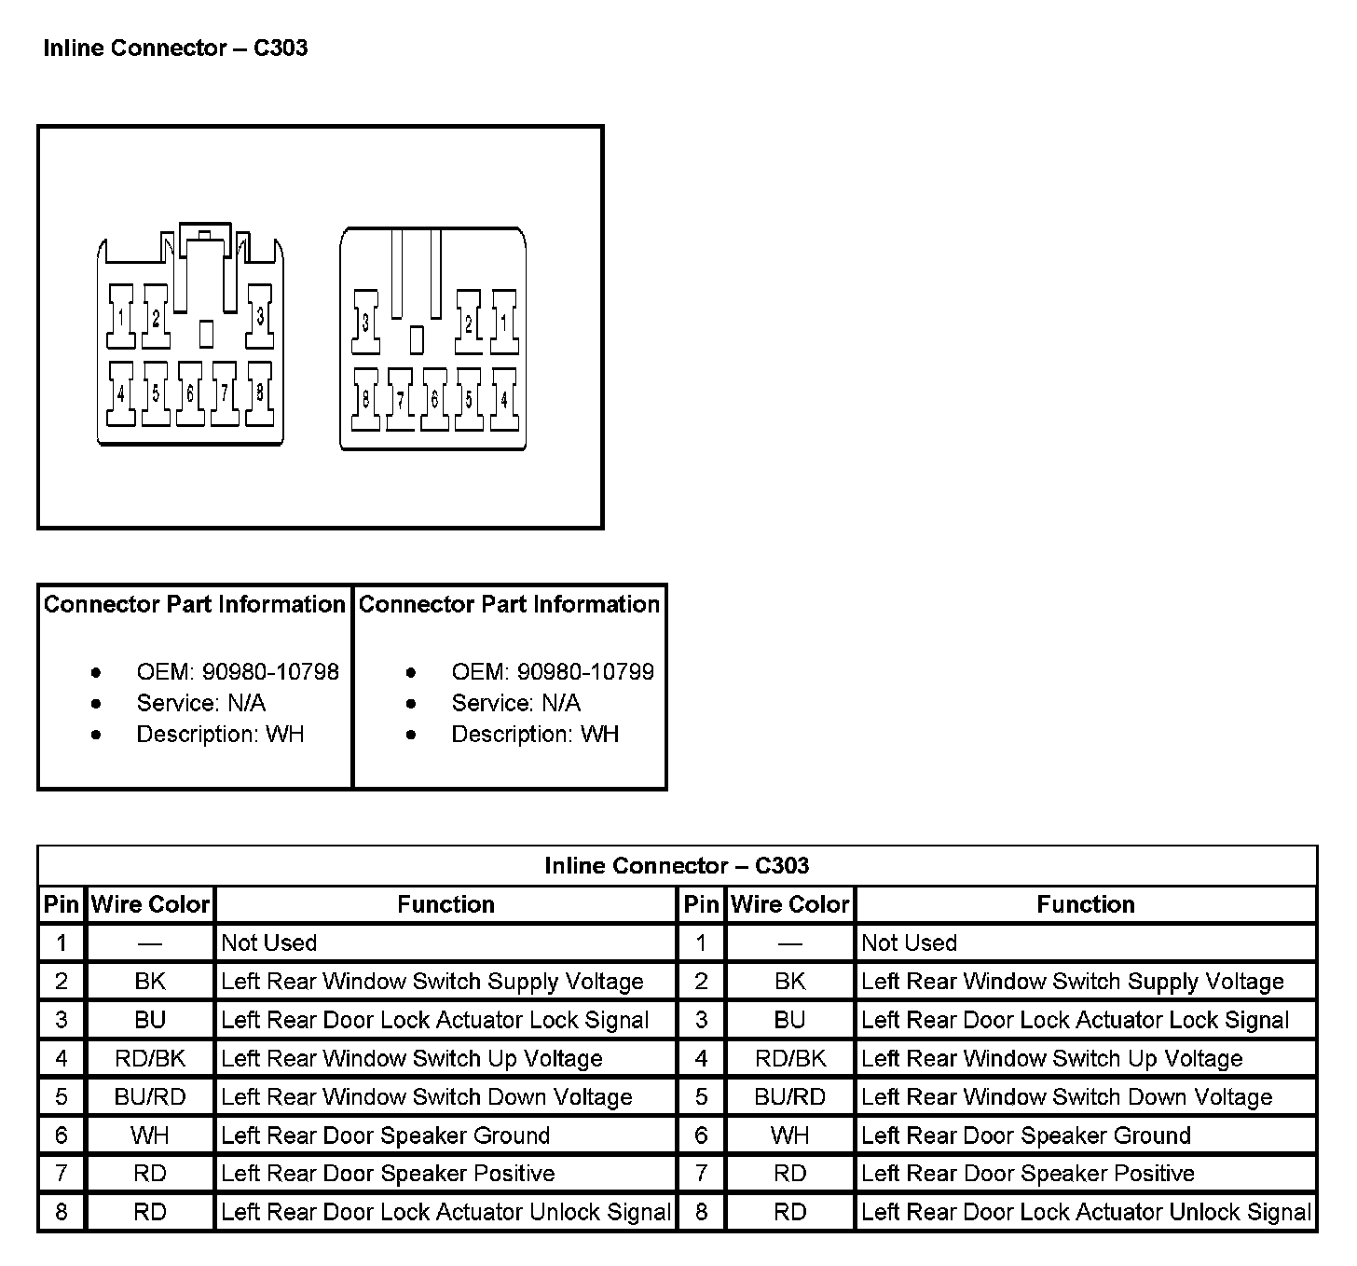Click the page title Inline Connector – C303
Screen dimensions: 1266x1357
tap(175, 48)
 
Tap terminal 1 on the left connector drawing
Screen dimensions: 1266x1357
tap(121, 318)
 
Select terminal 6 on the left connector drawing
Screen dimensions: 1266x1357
tap(190, 394)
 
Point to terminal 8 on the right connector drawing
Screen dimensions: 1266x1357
tap(365, 400)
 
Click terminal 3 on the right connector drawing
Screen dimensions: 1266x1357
tap(365, 323)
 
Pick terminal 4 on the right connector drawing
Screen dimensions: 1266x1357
tap(504, 400)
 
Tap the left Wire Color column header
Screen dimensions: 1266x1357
tap(150, 904)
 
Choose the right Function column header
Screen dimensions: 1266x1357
tap(1086, 904)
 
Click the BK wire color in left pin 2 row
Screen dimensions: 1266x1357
tap(150, 982)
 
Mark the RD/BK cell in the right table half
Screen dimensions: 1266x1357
tap(790, 1059)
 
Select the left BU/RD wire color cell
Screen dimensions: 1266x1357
tap(150, 1097)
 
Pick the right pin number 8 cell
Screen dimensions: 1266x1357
tap(701, 1212)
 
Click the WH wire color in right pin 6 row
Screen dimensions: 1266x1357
tap(790, 1135)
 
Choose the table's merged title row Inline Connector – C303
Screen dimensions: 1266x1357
tap(677, 865)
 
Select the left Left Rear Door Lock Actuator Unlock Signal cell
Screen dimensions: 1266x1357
tap(445, 1212)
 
